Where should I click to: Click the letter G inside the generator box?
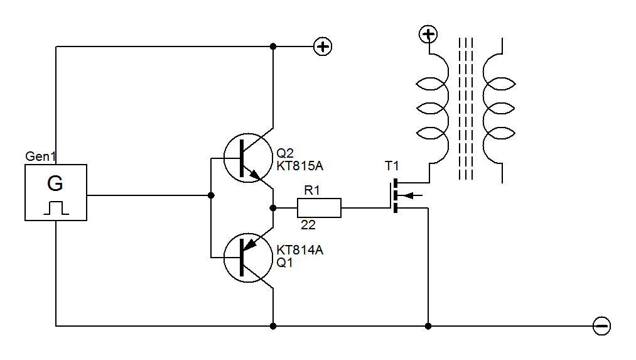[x=55, y=184]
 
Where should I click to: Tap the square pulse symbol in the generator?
[x=55, y=207]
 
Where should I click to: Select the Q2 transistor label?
[x=285, y=153]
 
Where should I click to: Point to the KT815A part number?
[x=299, y=166]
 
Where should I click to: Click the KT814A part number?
[x=299, y=250]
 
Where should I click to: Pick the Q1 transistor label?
[x=285, y=263]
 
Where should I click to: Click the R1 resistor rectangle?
[x=319, y=208]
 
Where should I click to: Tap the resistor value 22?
[x=308, y=225]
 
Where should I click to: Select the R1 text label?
[x=311, y=190]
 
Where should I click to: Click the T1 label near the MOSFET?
[x=392, y=166]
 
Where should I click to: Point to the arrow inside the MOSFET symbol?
[x=408, y=195]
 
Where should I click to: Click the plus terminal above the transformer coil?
[x=428, y=35]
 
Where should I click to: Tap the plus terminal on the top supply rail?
[x=323, y=46]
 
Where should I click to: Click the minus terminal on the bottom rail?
[x=601, y=326]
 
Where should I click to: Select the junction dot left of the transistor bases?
[x=211, y=195]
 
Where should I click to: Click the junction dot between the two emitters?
[x=273, y=208]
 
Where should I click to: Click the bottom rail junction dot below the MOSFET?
[x=428, y=326]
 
